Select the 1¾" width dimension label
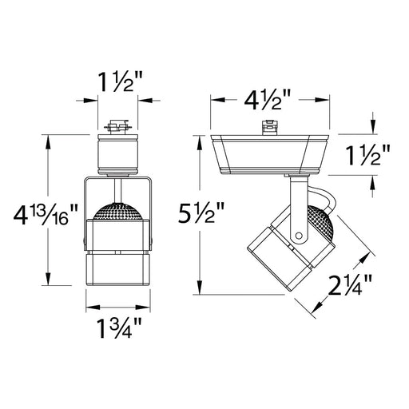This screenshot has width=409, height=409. click(119, 328)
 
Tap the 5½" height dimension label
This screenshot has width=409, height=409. click(201, 212)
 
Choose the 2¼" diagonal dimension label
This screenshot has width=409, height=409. click(350, 285)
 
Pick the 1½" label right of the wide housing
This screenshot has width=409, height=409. click(367, 155)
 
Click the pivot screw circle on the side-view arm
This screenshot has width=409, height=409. click(299, 236)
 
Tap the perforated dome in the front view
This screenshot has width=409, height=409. click(118, 211)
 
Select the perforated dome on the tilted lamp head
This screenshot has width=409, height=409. click(320, 222)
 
